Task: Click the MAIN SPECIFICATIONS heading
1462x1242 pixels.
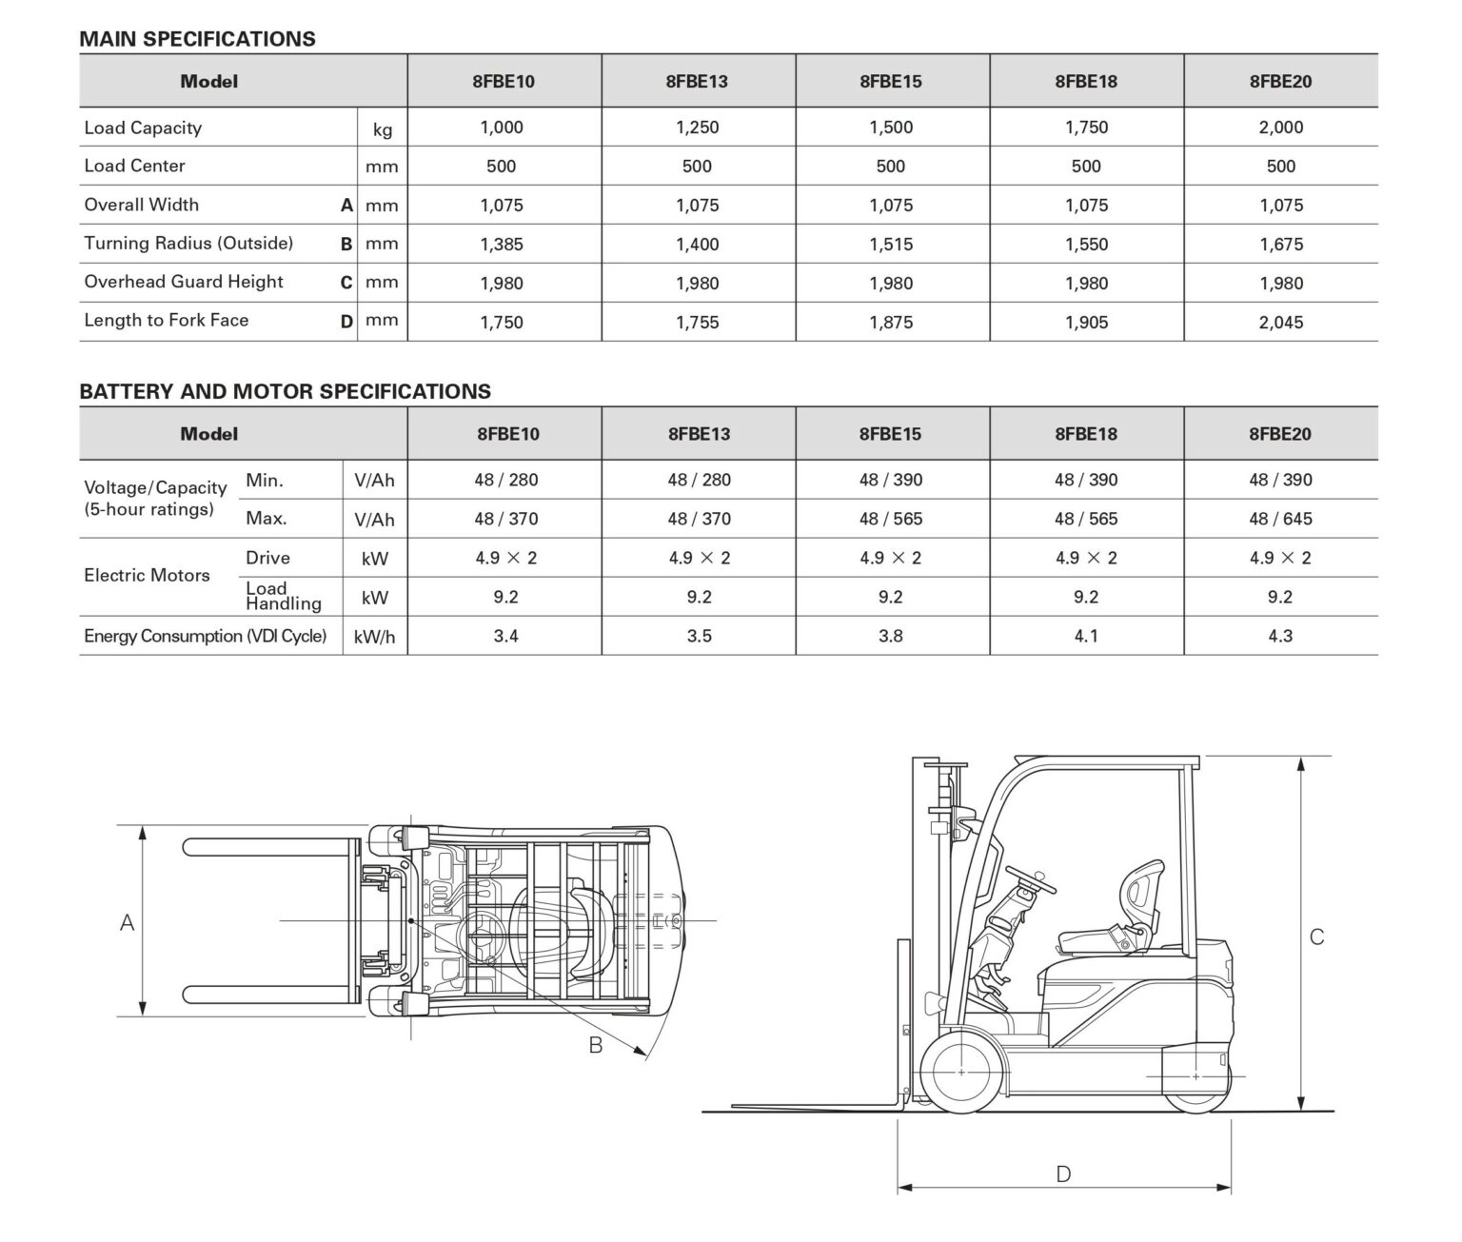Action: pos(197,39)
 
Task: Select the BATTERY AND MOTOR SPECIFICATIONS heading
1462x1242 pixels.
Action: pos(285,391)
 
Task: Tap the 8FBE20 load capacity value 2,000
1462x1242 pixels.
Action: pos(1280,128)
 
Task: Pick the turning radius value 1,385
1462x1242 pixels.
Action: pos(502,245)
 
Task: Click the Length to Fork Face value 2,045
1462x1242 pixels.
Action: pos(1280,323)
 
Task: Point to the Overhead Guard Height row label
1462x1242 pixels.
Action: pos(184,283)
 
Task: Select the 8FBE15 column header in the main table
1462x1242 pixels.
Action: pos(890,82)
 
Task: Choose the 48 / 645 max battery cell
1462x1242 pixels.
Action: pos(1280,520)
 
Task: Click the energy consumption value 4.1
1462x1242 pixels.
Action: pos(1086,637)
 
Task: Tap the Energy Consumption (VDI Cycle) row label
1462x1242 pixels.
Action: pos(205,637)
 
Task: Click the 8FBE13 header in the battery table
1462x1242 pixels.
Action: pos(699,435)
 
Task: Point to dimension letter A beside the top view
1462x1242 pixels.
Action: pos(127,922)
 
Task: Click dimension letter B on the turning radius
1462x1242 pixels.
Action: pos(596,1045)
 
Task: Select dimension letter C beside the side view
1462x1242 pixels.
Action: pos(1316,937)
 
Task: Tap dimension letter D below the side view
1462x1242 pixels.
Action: pos(1063,1174)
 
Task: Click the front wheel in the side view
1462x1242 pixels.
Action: pos(961,1073)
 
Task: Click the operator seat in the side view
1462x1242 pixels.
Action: pos(1114,923)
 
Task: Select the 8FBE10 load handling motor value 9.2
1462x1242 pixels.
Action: pos(505,598)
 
